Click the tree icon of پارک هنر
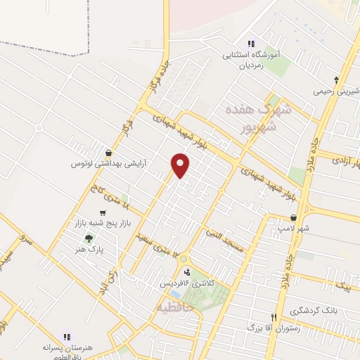click(x=88, y=238)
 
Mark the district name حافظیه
click(x=173, y=307)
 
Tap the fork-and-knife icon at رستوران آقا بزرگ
click(x=294, y=317)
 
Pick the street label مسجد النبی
click(x=223, y=240)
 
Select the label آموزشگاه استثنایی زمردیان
click(x=255, y=59)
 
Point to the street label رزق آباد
click(x=108, y=277)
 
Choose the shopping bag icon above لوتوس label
click(x=107, y=153)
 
